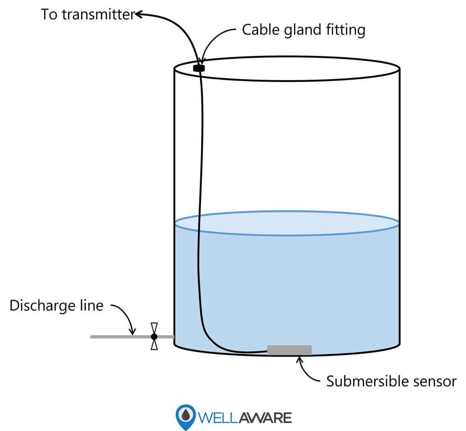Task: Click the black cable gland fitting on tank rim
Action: tap(199, 68)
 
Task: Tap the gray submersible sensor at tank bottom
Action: tap(289, 350)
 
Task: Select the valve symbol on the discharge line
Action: tap(154, 336)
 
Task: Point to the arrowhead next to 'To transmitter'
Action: tap(138, 15)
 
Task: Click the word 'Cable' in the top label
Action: tap(259, 30)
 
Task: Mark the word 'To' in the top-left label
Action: tap(48, 14)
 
